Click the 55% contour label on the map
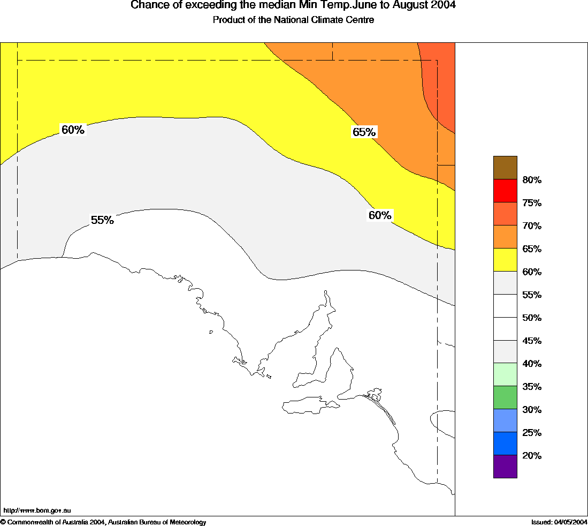102,220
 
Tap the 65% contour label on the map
364,132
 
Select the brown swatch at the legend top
505,168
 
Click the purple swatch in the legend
505,467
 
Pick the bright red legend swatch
505,191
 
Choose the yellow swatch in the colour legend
505,260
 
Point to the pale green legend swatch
505,374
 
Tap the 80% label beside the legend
532,180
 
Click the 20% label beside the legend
532,456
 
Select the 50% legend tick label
532,318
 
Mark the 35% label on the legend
532,387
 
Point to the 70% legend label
532,226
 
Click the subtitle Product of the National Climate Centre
293,20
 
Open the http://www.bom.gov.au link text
37,511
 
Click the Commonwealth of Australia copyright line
103,522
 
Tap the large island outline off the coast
311,405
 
